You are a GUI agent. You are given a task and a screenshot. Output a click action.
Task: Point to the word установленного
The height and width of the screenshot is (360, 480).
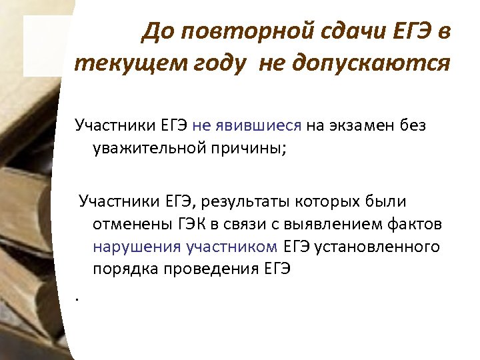(x=377, y=247)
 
